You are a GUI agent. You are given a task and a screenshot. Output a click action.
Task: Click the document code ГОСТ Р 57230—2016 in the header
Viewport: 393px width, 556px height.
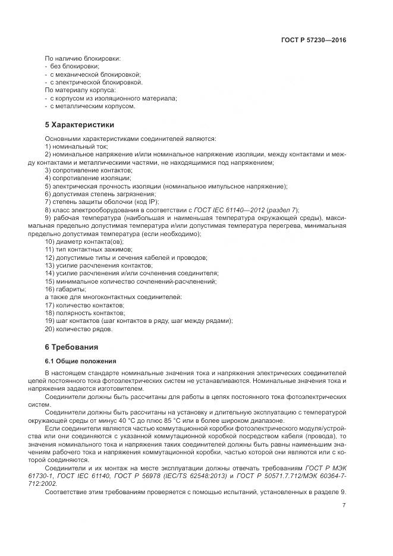pyautogui.click(x=313, y=40)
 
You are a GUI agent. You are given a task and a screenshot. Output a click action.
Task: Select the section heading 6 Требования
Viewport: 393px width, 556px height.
pyautogui.click(x=71, y=347)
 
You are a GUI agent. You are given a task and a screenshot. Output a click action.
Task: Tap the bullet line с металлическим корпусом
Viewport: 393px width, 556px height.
pyautogui.click(x=93, y=106)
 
